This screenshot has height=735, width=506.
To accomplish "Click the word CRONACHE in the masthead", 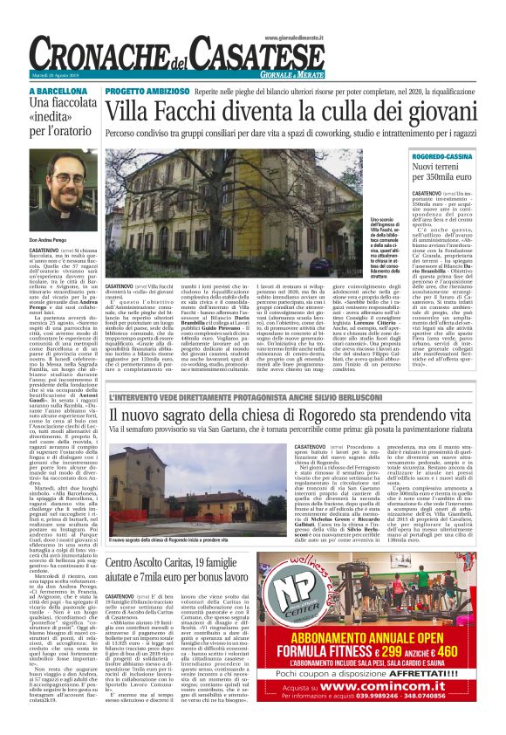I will pyautogui.click(x=105, y=58).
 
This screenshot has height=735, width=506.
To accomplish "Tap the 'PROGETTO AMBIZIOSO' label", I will pyautogui.click(x=144, y=90).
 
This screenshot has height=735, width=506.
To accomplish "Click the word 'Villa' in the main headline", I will pyautogui.click(x=133, y=111).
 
